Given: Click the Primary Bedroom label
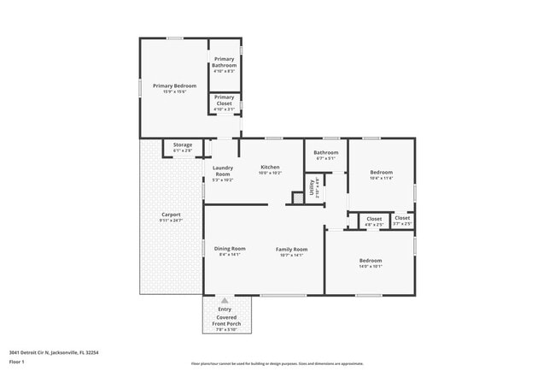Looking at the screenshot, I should pos(174,85).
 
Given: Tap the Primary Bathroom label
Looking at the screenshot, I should pos(225,62).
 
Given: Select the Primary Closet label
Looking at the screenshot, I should pos(225,102).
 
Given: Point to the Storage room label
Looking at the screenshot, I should pos(183,145).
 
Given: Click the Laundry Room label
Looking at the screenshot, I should pos(224,171).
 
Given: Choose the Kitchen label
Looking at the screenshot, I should pos(270,168).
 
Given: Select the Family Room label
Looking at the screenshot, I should pos(291,250).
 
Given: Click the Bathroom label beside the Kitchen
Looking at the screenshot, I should pos(326,153).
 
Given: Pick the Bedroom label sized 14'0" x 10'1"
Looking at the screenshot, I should pos(371,261).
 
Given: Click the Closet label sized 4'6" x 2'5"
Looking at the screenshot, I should pos(374,219).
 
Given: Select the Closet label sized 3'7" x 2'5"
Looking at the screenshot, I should pos(402,218).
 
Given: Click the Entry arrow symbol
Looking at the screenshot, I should pos(225,300).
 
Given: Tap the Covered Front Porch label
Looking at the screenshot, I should pos(225,321).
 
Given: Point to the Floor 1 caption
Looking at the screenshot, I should pos(17,362).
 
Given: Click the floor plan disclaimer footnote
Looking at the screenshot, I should pos(277,363).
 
